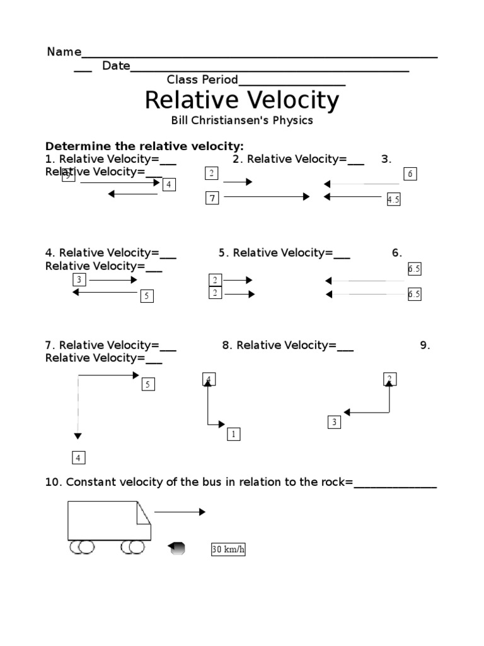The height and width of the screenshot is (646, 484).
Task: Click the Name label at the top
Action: pos(64,52)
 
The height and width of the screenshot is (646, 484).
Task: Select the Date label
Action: pos(116,66)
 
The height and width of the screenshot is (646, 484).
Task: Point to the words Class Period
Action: pos(202,79)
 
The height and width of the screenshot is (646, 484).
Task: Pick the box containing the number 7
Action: pos(213,199)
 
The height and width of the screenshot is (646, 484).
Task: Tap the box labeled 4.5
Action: pos(394,199)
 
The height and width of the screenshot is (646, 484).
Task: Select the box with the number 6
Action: pos(410,174)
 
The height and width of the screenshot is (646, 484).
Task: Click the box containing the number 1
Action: pos(233,434)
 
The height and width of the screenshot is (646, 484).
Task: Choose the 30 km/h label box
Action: pos(228,550)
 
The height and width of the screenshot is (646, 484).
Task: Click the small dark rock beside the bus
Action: pos(178,549)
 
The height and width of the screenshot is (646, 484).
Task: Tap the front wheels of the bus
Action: pos(132,548)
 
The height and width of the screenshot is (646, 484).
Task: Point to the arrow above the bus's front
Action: pos(180,512)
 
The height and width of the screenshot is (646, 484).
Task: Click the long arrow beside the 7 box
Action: pos(267,197)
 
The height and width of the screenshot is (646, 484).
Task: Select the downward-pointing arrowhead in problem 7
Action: pos(78,435)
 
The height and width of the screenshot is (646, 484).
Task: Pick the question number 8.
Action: pos(227,345)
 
